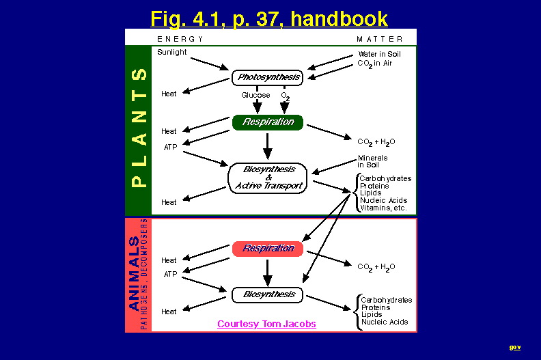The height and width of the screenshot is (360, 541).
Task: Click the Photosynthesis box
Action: (x=267, y=78)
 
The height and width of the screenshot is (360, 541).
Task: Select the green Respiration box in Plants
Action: (x=268, y=122)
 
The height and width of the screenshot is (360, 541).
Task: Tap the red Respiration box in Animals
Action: (x=268, y=248)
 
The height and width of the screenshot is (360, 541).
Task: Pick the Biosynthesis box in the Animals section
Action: (x=268, y=294)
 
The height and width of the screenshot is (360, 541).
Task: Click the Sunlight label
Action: (x=171, y=53)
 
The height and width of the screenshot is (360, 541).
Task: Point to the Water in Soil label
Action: (x=379, y=54)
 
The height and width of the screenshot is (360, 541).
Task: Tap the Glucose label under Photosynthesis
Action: (x=255, y=96)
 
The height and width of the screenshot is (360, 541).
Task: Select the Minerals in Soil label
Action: (x=372, y=161)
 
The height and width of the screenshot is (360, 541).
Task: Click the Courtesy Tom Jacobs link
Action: (x=266, y=324)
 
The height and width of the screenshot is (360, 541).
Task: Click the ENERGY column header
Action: (x=180, y=39)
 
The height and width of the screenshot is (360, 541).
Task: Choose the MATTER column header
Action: (x=380, y=39)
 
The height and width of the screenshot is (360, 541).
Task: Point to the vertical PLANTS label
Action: (x=139, y=128)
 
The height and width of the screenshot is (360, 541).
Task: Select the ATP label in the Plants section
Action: (x=170, y=147)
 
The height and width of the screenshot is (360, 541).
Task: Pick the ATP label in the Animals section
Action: (x=170, y=274)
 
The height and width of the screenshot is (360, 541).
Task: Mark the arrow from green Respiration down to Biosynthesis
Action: (x=268, y=145)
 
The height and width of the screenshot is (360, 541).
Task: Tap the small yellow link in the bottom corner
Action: (x=515, y=348)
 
